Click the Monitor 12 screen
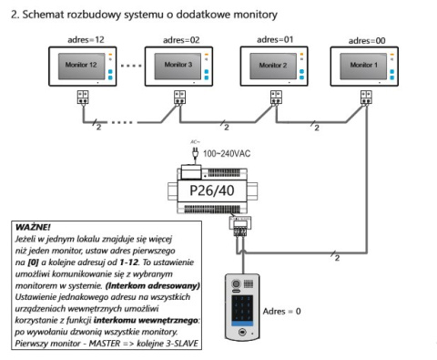[x=79, y=67]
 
